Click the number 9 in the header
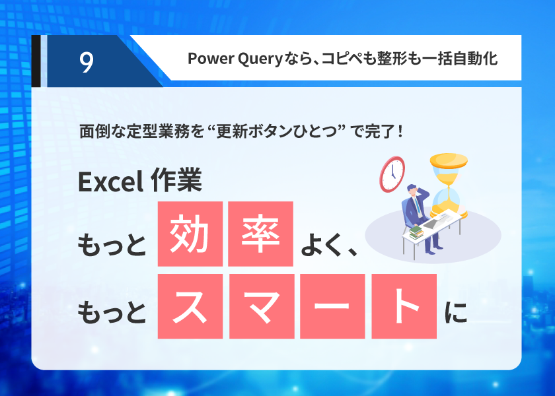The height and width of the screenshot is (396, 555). tap(87, 62)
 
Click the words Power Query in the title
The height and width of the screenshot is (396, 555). tap(235, 59)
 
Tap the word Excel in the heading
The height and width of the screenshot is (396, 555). tap(110, 181)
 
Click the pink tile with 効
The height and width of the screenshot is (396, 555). tap(190, 234)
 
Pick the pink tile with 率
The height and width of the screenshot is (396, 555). tap(260, 234)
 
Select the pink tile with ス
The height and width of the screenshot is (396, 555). tap(190, 306)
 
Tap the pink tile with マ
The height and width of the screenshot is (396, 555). tap(262, 306)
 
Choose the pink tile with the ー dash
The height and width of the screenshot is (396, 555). tap(332, 306)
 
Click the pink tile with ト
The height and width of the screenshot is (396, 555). tap(404, 306)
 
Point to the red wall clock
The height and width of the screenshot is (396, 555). tap(392, 174)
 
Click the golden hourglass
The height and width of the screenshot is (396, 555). tap(449, 185)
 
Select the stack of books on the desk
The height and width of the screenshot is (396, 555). tap(416, 232)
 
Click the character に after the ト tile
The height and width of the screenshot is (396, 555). tap(456, 312)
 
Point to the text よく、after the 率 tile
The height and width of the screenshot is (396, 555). tap(329, 245)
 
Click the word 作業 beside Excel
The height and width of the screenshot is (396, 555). tap(176, 180)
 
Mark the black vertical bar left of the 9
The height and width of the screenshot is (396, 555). tap(36, 61)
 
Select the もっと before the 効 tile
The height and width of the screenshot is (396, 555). tap(112, 245)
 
